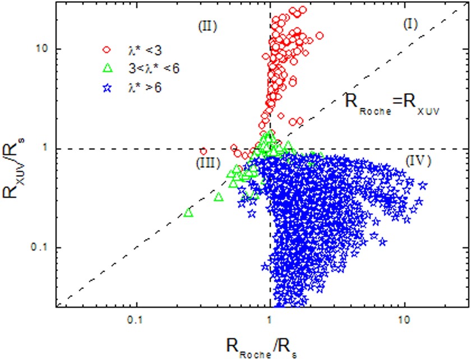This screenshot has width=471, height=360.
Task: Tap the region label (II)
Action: [x=207, y=26]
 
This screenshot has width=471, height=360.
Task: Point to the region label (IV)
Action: [x=417, y=161]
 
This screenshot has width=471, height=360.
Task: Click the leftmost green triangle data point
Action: [x=188, y=213]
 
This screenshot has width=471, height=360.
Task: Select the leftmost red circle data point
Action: [x=204, y=151]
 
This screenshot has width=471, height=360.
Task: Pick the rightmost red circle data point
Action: [x=320, y=36]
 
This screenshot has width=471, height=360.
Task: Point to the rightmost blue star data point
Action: [x=423, y=185]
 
